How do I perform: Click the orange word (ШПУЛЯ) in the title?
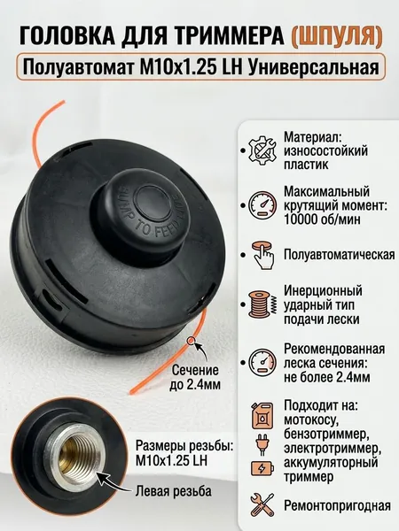pyautogui.click(x=337, y=35)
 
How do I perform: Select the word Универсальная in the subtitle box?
pyautogui.click(x=314, y=67)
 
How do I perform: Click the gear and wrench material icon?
pyautogui.click(x=262, y=150)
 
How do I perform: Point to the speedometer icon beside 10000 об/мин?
pyautogui.click(x=262, y=205)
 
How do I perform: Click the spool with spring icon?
pyautogui.click(x=262, y=304)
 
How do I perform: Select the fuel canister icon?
pyautogui.click(x=262, y=416)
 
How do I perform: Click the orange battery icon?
pyautogui.click(x=262, y=469)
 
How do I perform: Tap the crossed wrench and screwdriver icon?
pyautogui.click(x=262, y=505)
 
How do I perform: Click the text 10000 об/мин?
pyautogui.click(x=322, y=219)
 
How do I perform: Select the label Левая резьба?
pyautogui.click(x=174, y=490)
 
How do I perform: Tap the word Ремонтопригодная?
pyautogui.click(x=337, y=506)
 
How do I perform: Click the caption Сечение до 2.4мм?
pyautogui.click(x=195, y=377)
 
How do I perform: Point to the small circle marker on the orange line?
pyautogui.click(x=192, y=341)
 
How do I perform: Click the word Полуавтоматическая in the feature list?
pyautogui.click(x=340, y=255)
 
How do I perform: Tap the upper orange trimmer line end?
pyautogui.click(x=62, y=102)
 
